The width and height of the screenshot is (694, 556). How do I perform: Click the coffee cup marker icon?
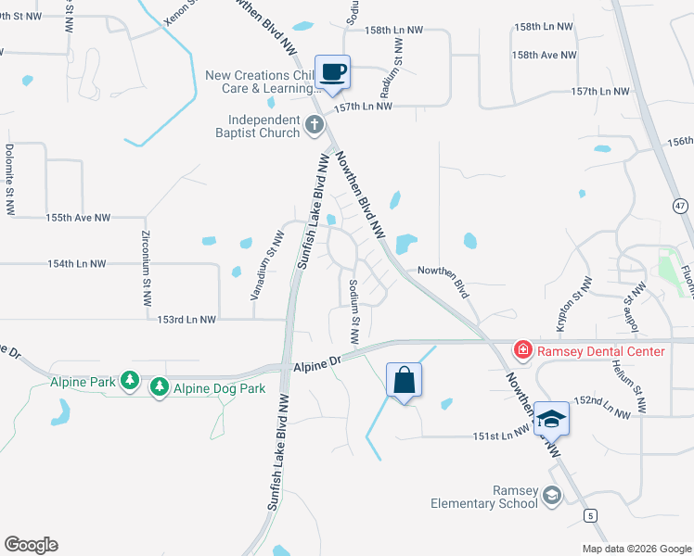pyautogui.click(x=332, y=72)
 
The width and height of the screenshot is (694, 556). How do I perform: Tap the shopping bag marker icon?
pyautogui.click(x=404, y=380)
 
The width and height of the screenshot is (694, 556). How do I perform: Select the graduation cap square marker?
pyautogui.click(x=550, y=419)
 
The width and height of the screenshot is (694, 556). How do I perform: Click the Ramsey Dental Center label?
pyautogui.click(x=598, y=351)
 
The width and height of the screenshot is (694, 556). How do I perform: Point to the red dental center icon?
pyautogui.click(x=523, y=350)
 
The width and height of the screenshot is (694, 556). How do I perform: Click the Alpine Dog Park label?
pyautogui.click(x=220, y=387)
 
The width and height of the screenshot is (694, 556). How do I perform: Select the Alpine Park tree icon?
pyautogui.click(x=131, y=380)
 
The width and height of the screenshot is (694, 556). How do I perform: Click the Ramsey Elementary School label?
pyautogui.click(x=484, y=497)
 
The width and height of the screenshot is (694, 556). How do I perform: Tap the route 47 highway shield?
pyautogui.click(x=681, y=206)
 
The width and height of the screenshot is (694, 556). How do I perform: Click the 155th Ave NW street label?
pyautogui.click(x=78, y=218)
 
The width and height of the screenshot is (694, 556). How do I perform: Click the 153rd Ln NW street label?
pyautogui.click(x=187, y=319)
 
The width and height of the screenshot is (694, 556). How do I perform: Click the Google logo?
pyautogui.click(x=31, y=545)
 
